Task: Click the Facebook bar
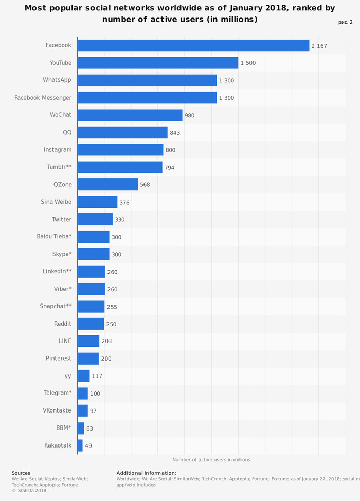193,45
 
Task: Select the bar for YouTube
158,63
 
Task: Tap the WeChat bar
130,115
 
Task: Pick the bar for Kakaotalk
80,445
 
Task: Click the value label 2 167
319,46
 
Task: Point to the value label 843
175,133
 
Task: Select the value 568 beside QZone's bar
145,185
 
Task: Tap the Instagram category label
58,150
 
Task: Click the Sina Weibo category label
56,202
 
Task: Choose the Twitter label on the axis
62,219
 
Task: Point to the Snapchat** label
56,306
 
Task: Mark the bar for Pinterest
88,359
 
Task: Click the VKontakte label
57,410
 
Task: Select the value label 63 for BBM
89,428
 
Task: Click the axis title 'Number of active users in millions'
211,460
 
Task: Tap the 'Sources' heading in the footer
21,473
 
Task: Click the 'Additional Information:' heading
147,473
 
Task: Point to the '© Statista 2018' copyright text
29,490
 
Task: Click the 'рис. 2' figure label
346,22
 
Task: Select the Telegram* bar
83,393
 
